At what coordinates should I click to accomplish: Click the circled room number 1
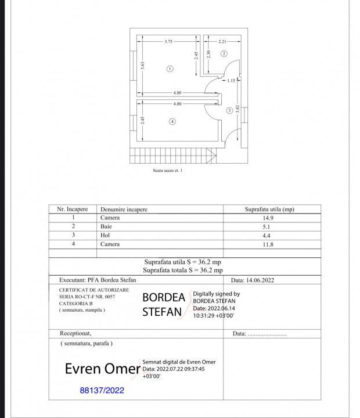[170, 68]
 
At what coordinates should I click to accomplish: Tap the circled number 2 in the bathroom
[224, 53]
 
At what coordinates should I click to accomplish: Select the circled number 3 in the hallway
[229, 110]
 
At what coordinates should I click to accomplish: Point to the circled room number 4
[172, 121]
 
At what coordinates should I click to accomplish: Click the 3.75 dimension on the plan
[168, 42]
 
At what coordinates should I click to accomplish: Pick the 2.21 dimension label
[222, 42]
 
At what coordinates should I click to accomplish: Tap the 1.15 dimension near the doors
[231, 81]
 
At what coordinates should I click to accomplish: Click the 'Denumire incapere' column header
[124, 210]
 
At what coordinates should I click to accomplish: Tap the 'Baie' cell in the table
[106, 226]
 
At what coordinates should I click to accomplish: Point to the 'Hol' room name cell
[105, 235]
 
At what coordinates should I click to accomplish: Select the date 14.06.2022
[253, 280]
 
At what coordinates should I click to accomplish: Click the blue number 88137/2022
[102, 391]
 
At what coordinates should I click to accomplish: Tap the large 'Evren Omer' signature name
[102, 369]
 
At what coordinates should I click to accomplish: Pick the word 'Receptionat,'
[75, 334]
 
